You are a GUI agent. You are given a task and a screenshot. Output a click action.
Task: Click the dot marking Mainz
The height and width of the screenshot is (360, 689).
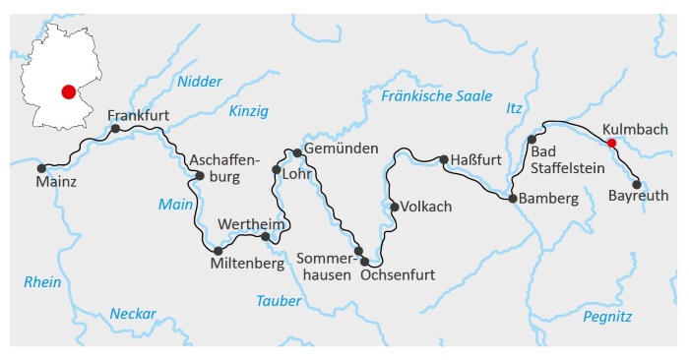click(41, 168)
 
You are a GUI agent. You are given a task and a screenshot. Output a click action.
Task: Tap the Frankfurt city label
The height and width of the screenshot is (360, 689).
click(139, 115)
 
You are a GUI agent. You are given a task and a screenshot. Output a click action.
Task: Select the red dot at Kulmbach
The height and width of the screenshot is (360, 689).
click(611, 143)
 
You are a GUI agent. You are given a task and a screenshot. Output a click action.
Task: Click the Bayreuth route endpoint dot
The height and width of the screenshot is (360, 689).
click(637, 184)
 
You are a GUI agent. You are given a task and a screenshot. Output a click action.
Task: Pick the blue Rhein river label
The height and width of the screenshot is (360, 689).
click(42, 282)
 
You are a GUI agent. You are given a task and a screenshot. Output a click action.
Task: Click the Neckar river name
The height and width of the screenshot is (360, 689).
click(133, 314)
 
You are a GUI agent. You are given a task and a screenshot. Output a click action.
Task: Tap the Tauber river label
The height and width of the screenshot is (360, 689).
click(278, 300)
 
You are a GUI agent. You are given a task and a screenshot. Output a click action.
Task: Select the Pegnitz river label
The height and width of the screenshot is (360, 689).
click(606, 316)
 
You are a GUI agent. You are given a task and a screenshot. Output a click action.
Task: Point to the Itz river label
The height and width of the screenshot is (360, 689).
click(513, 108)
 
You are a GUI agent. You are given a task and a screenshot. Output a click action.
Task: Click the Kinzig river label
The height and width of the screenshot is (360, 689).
click(248, 111)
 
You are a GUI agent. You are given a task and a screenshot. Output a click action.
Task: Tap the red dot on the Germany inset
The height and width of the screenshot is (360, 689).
click(67, 91)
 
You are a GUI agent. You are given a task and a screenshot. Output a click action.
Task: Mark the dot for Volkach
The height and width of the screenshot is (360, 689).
click(394, 207)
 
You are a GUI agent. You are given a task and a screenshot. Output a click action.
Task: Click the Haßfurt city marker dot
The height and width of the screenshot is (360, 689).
click(444, 159)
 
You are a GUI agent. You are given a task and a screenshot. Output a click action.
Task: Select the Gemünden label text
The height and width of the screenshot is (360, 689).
click(342, 149)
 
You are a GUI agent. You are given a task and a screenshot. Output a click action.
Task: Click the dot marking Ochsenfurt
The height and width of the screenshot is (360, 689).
click(366, 261)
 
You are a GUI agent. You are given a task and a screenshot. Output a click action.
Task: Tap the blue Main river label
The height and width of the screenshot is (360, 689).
click(175, 205)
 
